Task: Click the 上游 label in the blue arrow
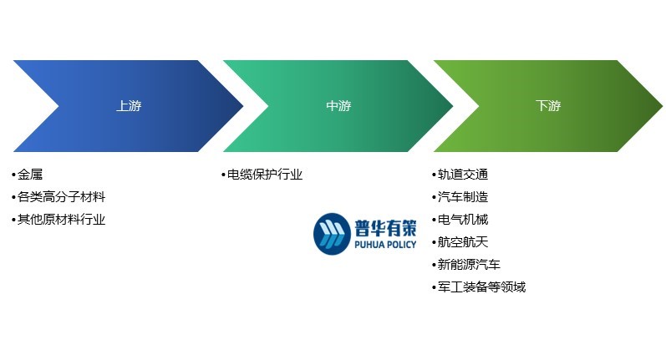point(129,106)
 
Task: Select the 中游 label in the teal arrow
point(338,106)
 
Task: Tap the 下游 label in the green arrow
point(548,106)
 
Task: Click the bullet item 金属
point(30,175)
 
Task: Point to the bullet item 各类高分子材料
point(62,197)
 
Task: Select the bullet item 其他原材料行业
point(62,220)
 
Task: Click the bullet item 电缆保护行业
point(265,175)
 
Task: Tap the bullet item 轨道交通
point(463,175)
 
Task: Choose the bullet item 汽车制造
point(463,197)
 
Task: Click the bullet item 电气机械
point(463,220)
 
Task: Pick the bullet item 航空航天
point(463,242)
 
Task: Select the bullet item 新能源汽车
point(469,265)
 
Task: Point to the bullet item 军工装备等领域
point(481,287)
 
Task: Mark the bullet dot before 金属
point(14,175)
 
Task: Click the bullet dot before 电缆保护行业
point(224,175)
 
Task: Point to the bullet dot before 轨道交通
point(434,175)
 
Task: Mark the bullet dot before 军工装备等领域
point(434,288)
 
